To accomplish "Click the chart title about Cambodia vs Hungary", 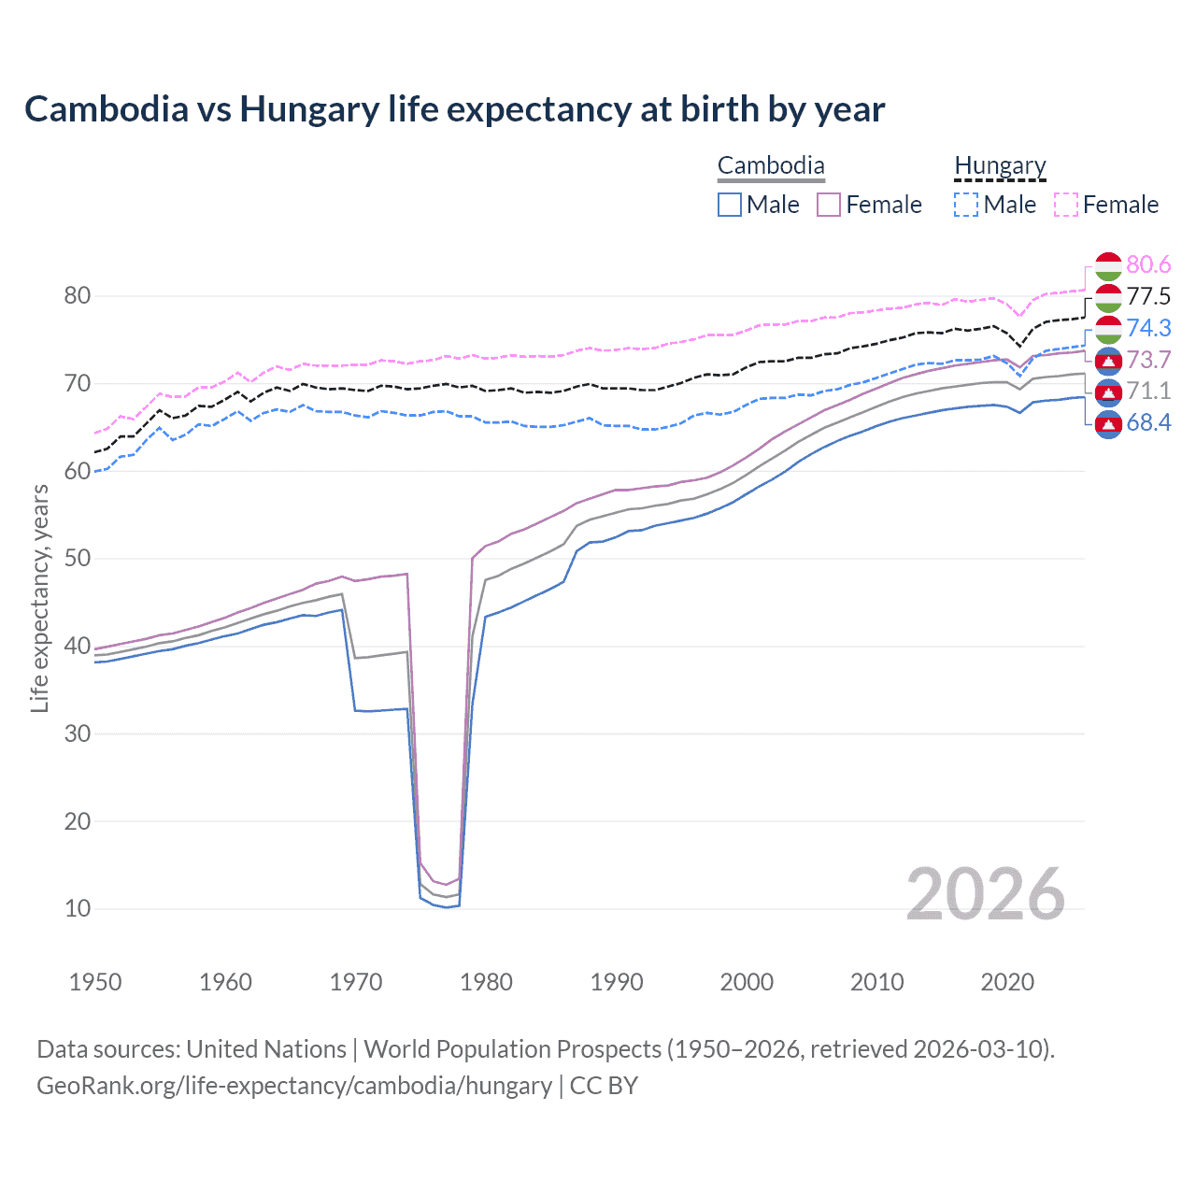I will (454, 109).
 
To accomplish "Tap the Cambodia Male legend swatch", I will (730, 205).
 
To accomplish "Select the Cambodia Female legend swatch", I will (829, 205).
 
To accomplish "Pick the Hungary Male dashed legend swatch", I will (966, 205).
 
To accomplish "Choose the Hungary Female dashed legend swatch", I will (1066, 205).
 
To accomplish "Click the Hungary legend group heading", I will (1000, 166).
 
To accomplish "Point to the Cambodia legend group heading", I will (771, 166).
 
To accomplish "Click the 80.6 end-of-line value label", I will (1148, 265).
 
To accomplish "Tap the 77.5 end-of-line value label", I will (1148, 297).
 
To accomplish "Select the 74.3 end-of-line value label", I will (1148, 328).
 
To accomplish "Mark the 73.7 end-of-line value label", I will (1148, 360).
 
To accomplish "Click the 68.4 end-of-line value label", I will (1148, 423).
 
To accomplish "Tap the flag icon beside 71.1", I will (1108, 392).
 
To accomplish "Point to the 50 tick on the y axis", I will (78, 559).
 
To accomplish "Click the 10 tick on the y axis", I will (78, 908).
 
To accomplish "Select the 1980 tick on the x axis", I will (486, 982).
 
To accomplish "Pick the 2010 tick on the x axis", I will (876, 982).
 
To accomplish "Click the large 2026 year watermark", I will (985, 894).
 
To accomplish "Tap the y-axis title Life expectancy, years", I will (39, 598).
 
